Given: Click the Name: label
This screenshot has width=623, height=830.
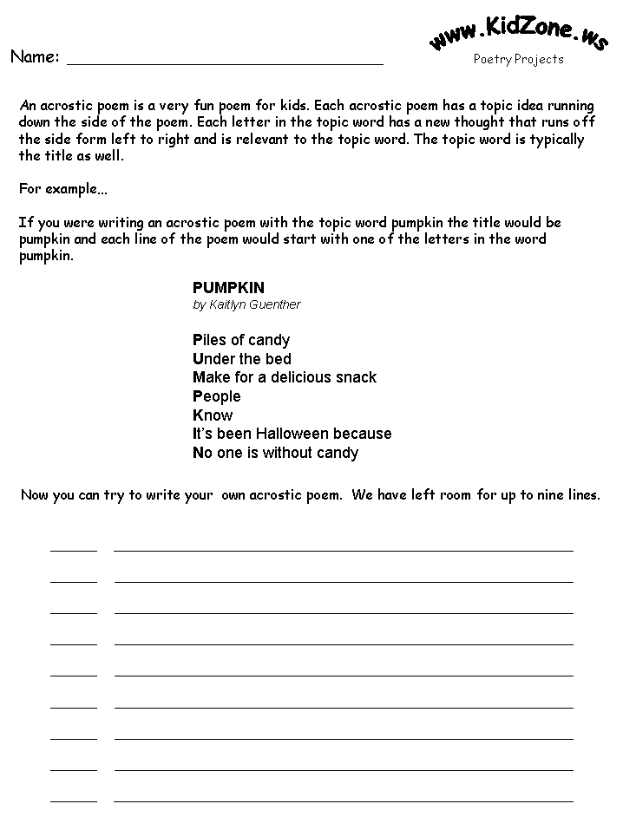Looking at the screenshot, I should click(x=35, y=57).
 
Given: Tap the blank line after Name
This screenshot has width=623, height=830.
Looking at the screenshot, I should click(x=225, y=62).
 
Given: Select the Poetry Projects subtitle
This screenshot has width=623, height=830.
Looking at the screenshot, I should click(x=518, y=60).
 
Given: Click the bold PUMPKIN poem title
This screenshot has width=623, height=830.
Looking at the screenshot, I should click(x=228, y=288).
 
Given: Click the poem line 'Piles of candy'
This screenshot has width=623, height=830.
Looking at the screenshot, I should click(x=241, y=340).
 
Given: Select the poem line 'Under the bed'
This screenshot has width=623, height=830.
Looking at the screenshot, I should click(x=242, y=359).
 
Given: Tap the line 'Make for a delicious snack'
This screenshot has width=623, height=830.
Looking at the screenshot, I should click(x=285, y=377).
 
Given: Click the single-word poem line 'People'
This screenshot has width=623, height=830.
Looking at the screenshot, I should click(x=217, y=396).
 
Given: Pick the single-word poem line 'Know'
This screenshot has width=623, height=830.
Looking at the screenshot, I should click(x=213, y=415).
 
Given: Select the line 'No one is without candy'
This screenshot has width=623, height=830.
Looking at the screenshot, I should click(x=275, y=453).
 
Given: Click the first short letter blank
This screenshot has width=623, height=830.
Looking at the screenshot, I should click(x=74, y=549).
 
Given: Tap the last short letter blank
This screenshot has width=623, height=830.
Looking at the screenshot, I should click(x=74, y=800).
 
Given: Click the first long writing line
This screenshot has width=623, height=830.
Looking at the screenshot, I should click(x=344, y=549).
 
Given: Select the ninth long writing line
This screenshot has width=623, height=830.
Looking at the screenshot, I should click(x=344, y=800).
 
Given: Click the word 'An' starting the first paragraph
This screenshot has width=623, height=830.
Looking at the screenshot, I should click(x=27, y=104).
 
